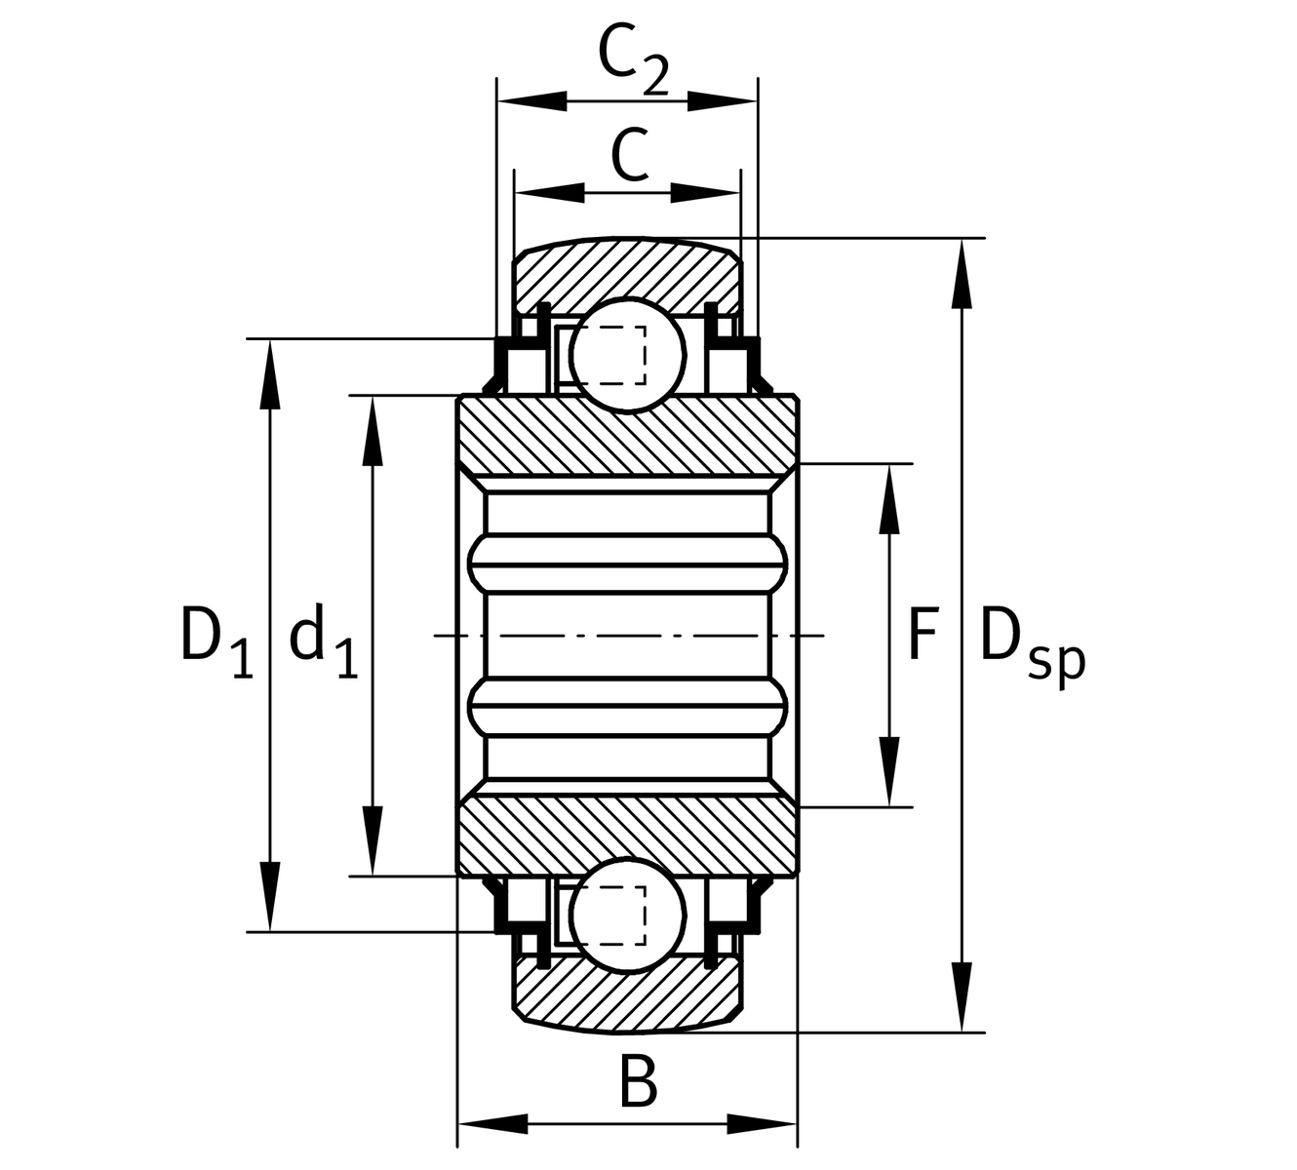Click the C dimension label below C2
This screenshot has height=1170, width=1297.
(x=630, y=156)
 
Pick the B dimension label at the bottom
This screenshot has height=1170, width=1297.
(x=638, y=1083)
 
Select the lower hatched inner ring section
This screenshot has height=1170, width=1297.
(x=628, y=835)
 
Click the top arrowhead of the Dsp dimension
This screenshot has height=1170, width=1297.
(x=963, y=273)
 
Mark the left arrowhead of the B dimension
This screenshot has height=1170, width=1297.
(x=492, y=1123)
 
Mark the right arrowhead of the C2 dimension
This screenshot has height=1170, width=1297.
(x=724, y=100)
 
